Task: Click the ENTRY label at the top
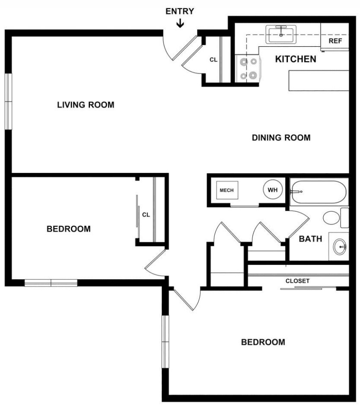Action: [180, 11]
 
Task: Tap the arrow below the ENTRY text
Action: [180, 23]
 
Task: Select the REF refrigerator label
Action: [335, 41]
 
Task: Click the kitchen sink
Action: [281, 35]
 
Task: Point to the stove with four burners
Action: [248, 69]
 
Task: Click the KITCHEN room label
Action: [296, 59]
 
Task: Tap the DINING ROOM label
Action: [281, 137]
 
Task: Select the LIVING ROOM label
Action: [86, 105]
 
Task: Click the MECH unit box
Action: [227, 190]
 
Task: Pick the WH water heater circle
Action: [273, 190]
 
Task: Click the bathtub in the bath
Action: [319, 192]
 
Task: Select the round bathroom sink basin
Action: [340, 247]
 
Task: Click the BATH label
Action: [310, 239]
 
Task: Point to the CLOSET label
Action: [297, 281]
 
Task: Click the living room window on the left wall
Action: [9, 102]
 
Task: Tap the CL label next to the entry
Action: [213, 60]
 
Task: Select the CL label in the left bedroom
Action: [146, 215]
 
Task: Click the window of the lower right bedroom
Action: [166, 342]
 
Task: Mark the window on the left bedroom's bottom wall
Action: [51, 283]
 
